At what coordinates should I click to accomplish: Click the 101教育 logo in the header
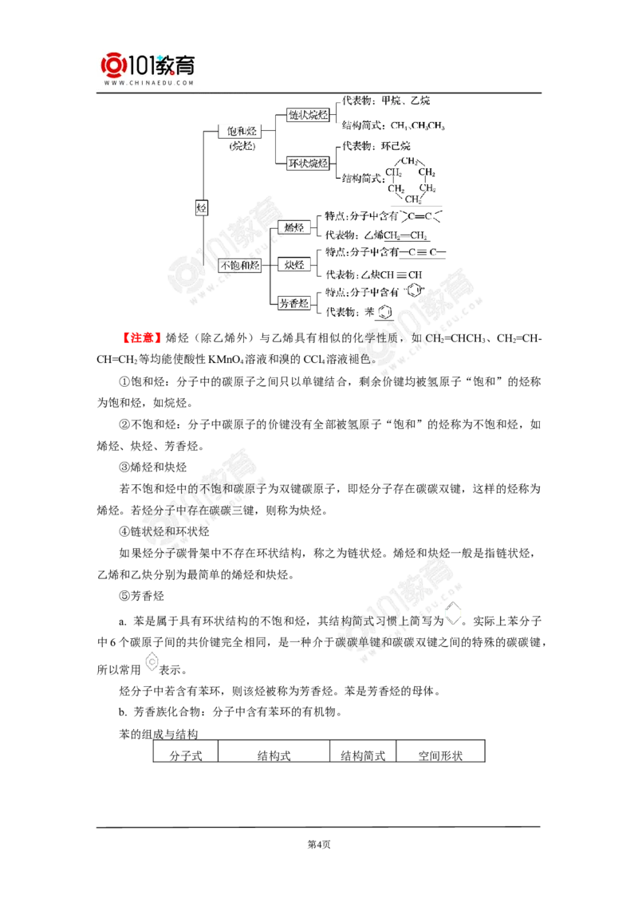point(149,63)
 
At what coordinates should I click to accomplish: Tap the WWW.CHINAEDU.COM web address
point(149,83)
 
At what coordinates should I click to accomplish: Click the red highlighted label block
point(143,338)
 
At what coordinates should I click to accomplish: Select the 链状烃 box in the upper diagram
point(308,115)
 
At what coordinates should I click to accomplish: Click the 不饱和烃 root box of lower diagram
point(239,266)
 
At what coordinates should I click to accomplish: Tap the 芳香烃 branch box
point(295,302)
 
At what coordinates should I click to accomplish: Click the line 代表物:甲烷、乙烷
point(385,101)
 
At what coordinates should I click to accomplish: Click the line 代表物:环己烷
point(375,146)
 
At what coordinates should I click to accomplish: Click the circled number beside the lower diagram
point(202,208)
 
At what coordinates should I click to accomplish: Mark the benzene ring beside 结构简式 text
point(454,614)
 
